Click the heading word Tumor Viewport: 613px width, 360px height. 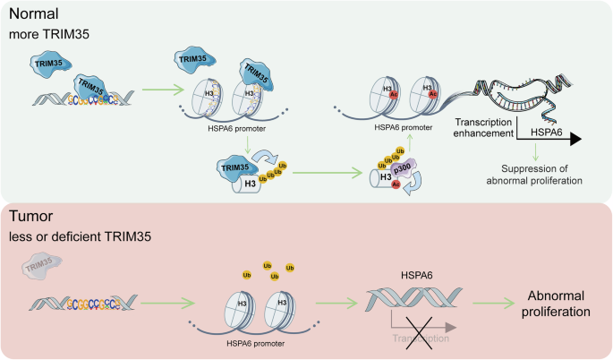click(x=31, y=216)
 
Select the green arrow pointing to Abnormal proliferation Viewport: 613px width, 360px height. click(x=487, y=305)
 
